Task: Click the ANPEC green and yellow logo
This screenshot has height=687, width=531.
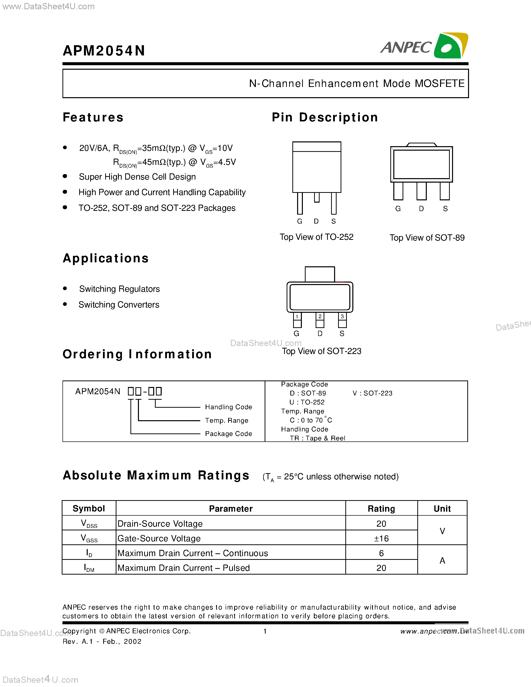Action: click(x=451, y=46)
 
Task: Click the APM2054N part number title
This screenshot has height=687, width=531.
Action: click(x=104, y=51)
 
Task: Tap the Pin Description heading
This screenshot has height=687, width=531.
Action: click(x=325, y=117)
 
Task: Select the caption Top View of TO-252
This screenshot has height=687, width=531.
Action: click(x=316, y=237)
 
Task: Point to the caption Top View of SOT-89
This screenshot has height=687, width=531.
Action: click(x=427, y=238)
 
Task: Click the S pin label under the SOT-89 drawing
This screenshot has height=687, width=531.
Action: click(x=445, y=209)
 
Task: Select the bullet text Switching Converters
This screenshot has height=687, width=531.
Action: click(x=119, y=305)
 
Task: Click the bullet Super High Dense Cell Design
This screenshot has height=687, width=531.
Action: click(x=137, y=177)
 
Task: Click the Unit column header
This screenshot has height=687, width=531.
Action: click(x=442, y=509)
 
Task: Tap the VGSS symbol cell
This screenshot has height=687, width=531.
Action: click(x=89, y=538)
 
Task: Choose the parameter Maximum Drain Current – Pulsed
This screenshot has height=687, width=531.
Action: click(x=183, y=568)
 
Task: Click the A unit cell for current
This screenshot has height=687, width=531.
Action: click(x=442, y=560)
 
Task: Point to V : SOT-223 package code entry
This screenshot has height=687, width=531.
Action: click(x=373, y=393)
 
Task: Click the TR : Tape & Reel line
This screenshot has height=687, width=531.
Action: click(x=317, y=438)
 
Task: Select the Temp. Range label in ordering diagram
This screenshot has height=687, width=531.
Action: click(x=226, y=420)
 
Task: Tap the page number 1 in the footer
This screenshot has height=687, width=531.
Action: click(x=265, y=631)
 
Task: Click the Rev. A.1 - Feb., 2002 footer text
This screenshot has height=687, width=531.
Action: click(x=102, y=641)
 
